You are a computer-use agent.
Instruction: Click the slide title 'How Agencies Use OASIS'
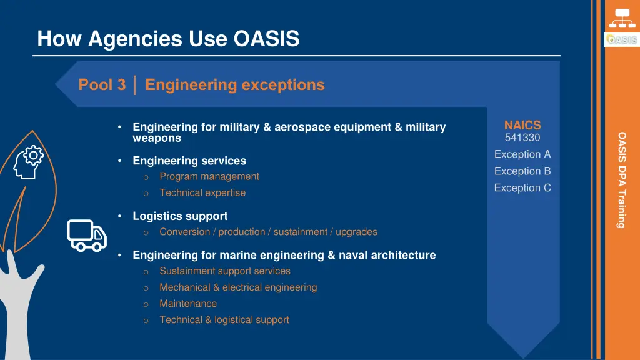pos(168,39)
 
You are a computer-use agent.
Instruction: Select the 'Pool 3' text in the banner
pos(102,85)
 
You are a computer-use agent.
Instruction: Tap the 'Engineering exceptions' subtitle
pos(234,85)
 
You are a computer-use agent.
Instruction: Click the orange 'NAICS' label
pos(522,126)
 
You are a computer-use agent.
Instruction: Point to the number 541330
pos(522,137)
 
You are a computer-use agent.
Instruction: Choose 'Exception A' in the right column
pos(522,154)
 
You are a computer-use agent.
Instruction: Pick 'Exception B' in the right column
pos(522,171)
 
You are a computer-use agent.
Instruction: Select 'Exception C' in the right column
pos(522,188)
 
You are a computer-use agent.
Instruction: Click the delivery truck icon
pos(87,235)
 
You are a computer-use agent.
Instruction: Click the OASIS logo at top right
pos(621,39)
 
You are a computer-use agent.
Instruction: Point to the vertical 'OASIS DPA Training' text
pos(622,179)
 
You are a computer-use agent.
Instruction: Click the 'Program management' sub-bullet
pos(209,177)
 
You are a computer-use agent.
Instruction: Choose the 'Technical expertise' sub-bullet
pos(202,193)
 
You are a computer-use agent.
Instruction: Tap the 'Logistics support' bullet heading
pos(180,216)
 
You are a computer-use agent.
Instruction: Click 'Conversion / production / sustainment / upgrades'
pos(268,232)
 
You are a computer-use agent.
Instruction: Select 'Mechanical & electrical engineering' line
pos(238,287)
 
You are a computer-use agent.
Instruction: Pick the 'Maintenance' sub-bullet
pos(188,304)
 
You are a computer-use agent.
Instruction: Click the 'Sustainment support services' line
pos(225,271)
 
